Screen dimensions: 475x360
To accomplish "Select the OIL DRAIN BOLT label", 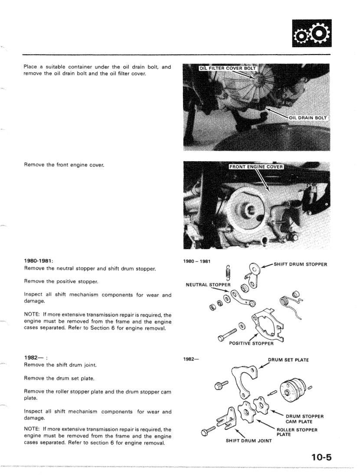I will (x=308, y=117).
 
